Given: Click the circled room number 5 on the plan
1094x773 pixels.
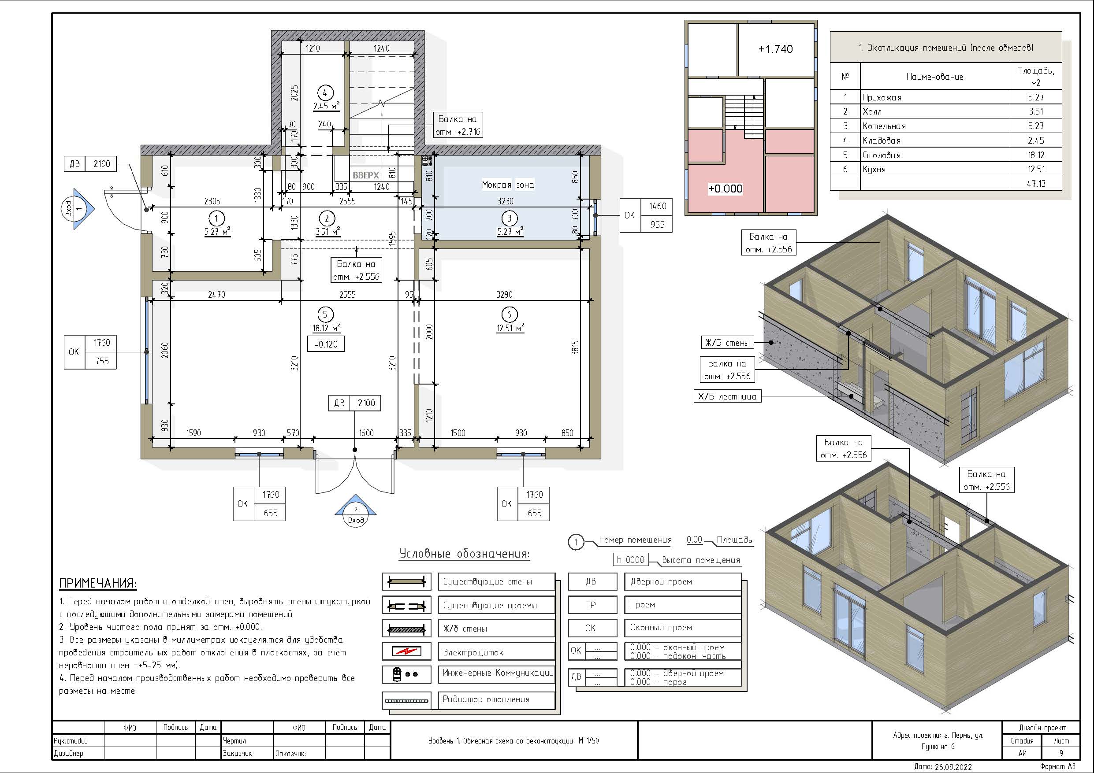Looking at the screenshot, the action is point(325,314).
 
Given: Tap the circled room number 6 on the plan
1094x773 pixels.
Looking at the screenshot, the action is point(509,314).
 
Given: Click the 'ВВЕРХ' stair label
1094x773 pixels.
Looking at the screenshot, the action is point(365,175).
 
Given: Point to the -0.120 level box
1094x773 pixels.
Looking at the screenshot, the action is point(326,344).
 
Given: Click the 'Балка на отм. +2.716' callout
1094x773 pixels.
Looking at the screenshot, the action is point(458,125).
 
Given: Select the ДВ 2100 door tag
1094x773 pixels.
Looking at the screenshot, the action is point(354,403).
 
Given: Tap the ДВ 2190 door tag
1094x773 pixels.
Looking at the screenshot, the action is point(90,164).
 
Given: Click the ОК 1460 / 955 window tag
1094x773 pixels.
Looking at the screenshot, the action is point(646,215).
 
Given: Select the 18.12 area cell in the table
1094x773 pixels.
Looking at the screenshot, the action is point(1035,155).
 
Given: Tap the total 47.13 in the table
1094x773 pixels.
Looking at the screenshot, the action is point(1035,183).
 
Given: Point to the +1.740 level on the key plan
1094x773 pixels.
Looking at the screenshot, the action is point(775,49).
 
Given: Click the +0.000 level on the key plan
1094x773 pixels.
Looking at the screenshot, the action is point(725,189).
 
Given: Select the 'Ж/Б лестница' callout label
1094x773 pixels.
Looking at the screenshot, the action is point(727,396).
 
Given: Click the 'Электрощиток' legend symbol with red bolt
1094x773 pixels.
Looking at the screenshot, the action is point(406,651).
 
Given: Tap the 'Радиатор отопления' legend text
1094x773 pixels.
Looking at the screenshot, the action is point(486,699).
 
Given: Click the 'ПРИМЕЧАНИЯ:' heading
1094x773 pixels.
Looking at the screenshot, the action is point(98,584).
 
